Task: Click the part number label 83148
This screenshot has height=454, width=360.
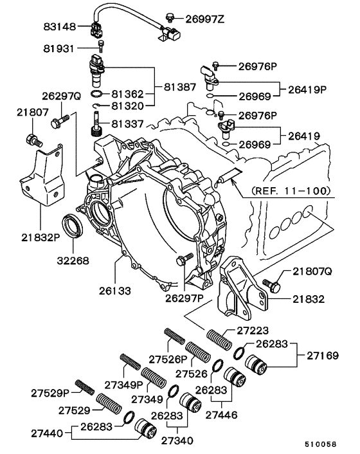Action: (60, 27)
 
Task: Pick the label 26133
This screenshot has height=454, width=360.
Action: (114, 291)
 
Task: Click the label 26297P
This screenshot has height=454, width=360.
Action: (184, 298)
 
